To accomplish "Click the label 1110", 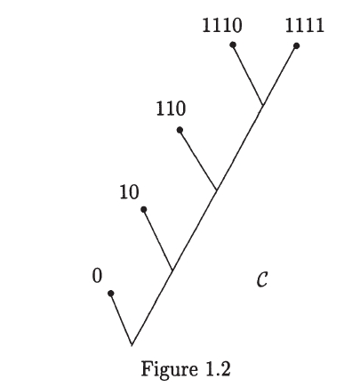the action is (222, 25).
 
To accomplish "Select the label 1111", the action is (305, 25).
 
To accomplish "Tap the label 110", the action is (171, 109).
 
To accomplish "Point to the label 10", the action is (129, 192).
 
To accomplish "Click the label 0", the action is (97, 276).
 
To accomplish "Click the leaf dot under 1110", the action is (233, 44).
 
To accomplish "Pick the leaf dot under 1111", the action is (296, 45).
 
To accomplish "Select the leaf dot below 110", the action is (180, 130).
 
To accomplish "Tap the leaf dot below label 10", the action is (144, 210).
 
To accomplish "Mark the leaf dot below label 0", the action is (111, 294).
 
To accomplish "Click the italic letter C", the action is (262, 279).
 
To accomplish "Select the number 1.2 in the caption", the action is (217, 369).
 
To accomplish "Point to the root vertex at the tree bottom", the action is (132, 345).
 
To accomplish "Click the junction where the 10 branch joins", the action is (172, 270).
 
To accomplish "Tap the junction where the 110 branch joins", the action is (217, 189).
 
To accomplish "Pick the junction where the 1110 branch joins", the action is (262, 104).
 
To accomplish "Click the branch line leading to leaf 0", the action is (122, 319).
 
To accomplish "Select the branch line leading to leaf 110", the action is (198, 159).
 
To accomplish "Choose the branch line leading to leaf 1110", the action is (248, 75).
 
